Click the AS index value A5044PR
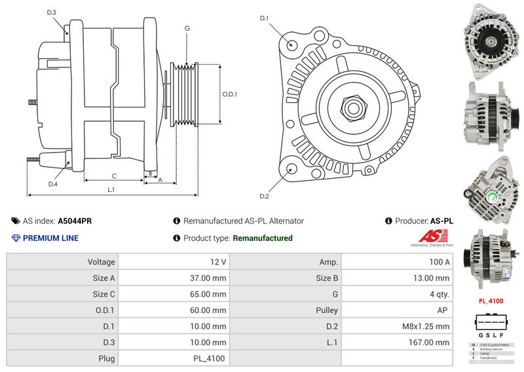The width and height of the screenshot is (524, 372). [75, 221]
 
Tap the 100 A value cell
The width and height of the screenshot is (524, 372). [397, 262]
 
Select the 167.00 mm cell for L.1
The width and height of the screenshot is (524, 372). [397, 342]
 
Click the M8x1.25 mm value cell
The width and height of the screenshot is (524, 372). [397, 326]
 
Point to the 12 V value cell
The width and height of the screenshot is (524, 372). [175, 262]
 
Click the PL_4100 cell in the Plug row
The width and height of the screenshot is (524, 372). [175, 358]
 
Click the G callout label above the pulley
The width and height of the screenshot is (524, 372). [187, 29]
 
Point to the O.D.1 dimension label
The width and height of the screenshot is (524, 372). [229, 94]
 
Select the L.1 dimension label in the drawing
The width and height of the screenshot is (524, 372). [111, 190]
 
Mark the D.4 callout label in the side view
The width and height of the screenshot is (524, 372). [53, 184]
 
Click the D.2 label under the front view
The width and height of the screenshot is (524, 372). [265, 196]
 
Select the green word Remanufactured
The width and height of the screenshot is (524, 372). [263, 238]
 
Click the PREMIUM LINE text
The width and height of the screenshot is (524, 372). [50, 238]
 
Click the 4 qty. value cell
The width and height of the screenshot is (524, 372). [397, 294]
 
